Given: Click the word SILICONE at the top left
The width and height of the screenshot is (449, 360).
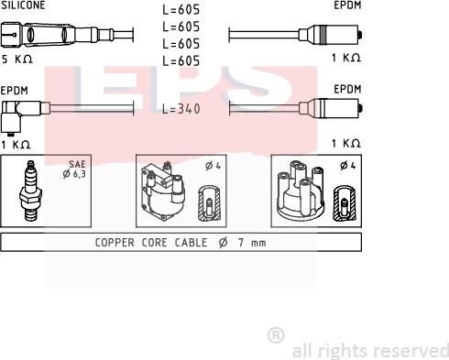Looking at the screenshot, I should pos(23,5).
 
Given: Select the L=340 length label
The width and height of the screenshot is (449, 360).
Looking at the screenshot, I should pos(181,109).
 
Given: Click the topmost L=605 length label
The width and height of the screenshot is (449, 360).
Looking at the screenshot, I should pos(181,10).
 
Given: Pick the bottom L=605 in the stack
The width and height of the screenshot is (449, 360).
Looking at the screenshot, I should pos(181,60).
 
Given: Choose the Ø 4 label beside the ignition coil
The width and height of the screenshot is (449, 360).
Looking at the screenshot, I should pos(211,166).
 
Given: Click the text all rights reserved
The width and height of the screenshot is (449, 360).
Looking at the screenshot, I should pos(370,350).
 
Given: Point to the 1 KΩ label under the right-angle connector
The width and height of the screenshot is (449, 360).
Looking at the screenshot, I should pos(16,144).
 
